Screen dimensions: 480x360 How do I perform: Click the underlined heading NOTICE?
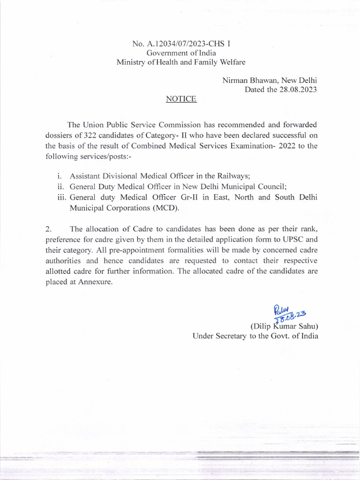[181, 99]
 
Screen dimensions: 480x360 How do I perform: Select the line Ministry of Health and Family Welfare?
[181, 62]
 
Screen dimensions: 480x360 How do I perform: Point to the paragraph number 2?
[48, 229]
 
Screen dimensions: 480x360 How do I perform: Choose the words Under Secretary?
[218, 336]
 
